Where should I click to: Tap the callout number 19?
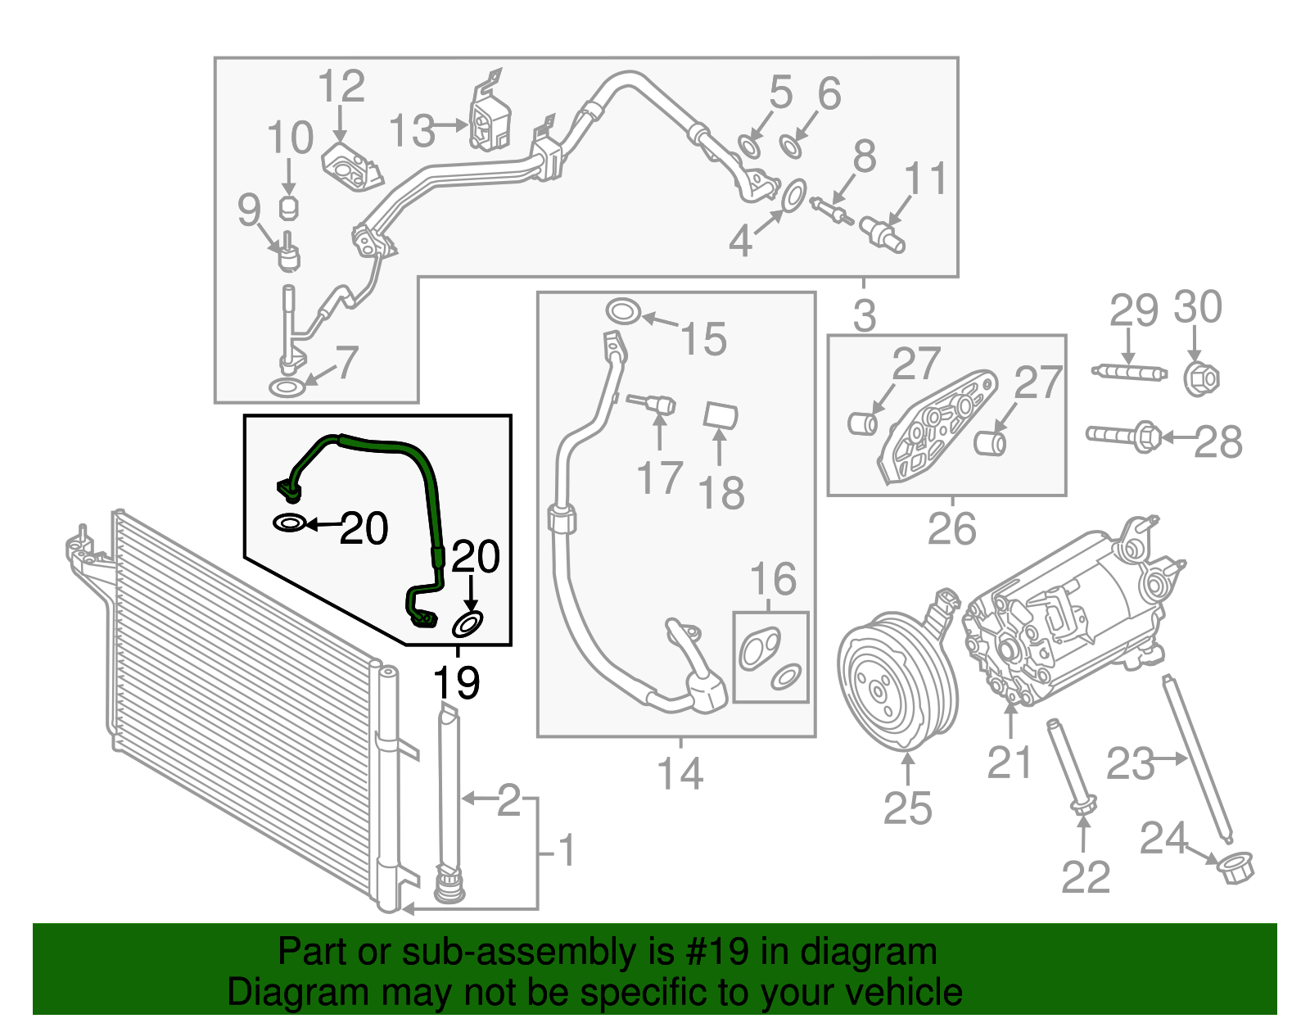(456, 681)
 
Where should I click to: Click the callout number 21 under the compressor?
(1010, 762)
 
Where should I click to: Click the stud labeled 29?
(1128, 372)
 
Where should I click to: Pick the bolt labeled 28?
(1122, 436)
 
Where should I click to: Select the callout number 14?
(680, 773)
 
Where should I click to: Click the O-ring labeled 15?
(623, 312)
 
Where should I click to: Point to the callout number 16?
(773, 579)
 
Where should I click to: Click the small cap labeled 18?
(720, 416)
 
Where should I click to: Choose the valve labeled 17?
(655, 403)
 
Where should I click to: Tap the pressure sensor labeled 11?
(883, 233)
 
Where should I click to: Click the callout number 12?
(341, 87)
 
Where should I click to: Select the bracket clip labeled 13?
(490, 123)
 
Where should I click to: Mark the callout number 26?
(951, 529)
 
